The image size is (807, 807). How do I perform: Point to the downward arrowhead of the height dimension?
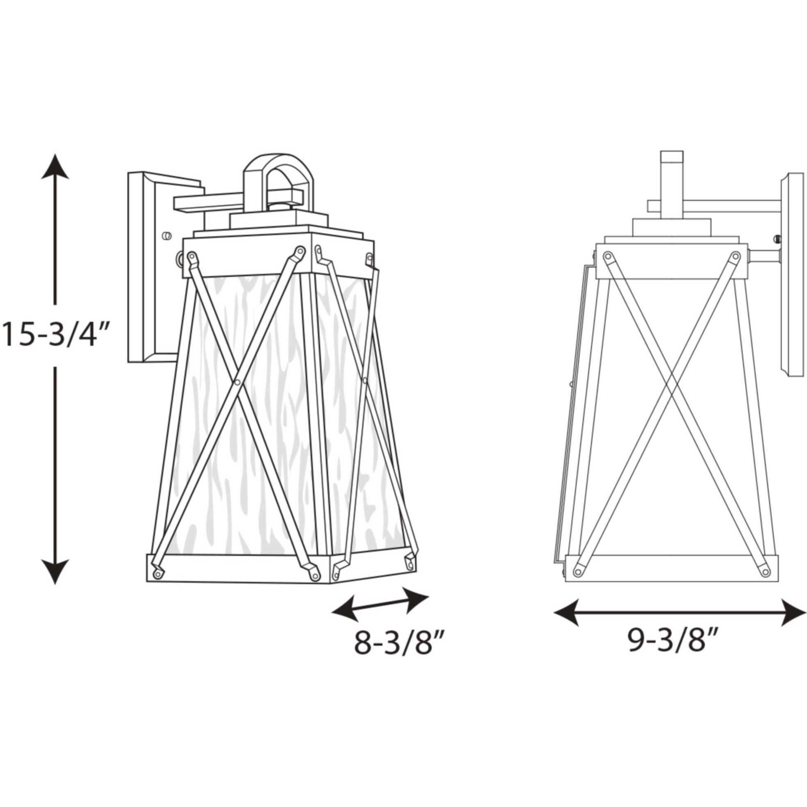point(55,571)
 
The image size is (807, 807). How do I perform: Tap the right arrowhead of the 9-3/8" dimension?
point(793,612)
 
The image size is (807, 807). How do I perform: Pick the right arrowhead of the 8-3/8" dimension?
point(417,600)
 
